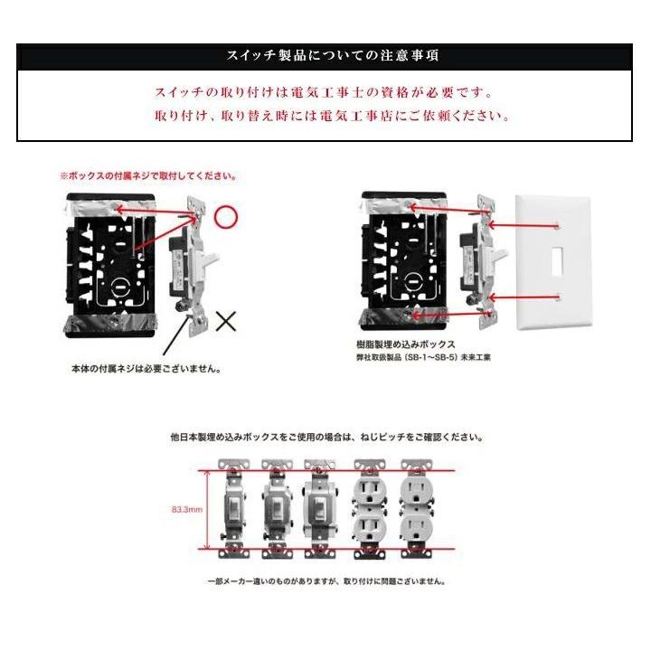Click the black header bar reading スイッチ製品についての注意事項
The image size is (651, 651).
(325, 55)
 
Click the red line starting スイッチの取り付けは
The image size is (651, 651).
(325, 92)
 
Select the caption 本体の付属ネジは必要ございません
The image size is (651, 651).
(146, 370)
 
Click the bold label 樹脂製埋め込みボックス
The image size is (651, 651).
(406, 344)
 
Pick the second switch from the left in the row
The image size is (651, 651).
(276, 510)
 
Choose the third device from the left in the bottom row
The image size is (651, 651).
(319, 510)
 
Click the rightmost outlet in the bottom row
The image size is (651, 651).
(417, 510)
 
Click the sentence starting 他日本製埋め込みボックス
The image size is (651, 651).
(326, 437)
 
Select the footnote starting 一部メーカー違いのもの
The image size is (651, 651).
(325, 583)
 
